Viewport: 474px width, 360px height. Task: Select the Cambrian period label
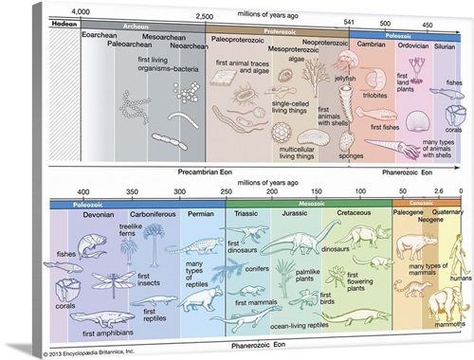point(370,44)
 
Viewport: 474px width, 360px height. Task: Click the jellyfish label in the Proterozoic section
point(344,79)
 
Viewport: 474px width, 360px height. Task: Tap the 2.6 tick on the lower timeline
point(439,192)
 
